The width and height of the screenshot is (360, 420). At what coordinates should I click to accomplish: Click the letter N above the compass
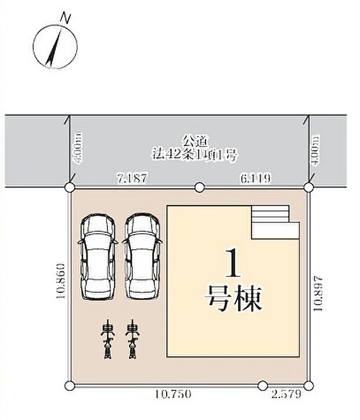65,19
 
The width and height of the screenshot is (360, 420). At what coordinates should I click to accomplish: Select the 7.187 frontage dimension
133,178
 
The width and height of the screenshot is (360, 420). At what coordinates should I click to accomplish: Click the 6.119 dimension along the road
255,178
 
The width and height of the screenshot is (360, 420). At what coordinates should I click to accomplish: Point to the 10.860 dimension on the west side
61,281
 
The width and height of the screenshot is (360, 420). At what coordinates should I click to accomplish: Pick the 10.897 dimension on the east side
318,294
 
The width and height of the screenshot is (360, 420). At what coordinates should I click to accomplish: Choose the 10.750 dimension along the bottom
174,394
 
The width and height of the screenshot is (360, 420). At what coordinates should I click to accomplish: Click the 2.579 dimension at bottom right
286,394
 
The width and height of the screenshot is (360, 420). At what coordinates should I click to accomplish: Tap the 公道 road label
195,141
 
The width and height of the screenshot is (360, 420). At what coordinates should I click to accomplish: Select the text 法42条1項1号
195,155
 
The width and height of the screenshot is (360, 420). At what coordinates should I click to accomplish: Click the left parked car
98,256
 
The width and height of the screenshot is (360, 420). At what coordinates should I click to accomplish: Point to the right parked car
142,256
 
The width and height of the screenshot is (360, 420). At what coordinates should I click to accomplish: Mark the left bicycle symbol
107,339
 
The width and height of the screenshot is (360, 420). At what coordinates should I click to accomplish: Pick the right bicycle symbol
133,339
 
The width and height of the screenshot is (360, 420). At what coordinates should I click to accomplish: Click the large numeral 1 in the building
233,263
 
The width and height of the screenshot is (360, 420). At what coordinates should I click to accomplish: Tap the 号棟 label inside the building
233,299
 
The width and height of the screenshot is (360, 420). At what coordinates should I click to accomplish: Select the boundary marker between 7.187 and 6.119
199,187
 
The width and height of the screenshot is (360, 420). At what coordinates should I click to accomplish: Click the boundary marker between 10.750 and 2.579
263,386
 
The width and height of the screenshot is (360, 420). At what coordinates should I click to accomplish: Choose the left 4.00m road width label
78,149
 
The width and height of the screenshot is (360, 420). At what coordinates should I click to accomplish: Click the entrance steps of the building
275,222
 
